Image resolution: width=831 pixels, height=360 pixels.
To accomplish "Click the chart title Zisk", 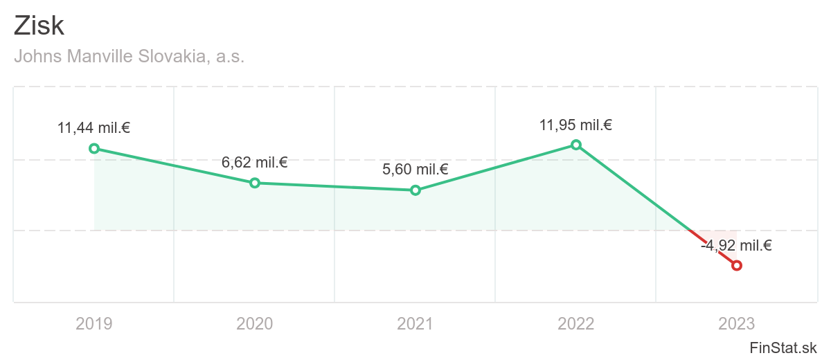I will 39,26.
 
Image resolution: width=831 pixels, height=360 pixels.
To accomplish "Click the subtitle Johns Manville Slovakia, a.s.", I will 129,56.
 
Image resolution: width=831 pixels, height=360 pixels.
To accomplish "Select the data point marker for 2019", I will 94,148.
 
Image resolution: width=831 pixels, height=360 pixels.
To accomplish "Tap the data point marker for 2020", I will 255,183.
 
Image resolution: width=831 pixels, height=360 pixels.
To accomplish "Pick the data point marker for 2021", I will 415,190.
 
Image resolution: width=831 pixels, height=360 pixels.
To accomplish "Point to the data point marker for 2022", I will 576,145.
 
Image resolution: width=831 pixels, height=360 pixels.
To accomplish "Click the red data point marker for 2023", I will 737,265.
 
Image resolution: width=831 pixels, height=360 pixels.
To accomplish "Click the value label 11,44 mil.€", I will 94,128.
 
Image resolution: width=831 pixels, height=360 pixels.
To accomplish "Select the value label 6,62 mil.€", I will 255,163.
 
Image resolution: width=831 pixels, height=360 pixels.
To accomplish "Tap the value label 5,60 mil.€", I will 415,170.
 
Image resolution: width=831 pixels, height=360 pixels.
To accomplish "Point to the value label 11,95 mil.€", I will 576,125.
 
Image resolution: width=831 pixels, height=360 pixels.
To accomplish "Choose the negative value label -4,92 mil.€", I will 737,245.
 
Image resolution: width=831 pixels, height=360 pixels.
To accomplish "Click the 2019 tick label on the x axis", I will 94,323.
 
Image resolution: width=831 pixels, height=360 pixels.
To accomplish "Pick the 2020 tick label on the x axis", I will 255,323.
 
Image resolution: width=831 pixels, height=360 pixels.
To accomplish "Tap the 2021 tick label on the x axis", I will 415,323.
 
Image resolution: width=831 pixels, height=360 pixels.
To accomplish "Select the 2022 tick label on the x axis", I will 576,323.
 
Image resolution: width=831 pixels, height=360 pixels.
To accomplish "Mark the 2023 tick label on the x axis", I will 737,323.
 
